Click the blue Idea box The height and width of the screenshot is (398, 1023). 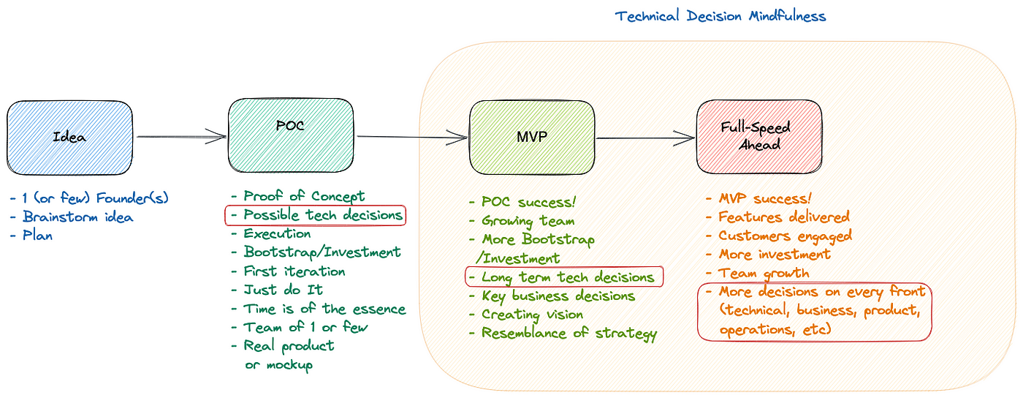70,137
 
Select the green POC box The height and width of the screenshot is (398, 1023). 291,136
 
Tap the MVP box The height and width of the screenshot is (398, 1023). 532,138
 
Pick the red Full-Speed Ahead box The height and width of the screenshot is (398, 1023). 759,137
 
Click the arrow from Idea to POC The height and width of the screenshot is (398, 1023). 180,136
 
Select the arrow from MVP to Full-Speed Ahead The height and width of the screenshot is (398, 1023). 645,137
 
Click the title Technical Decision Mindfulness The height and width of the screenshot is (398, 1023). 720,16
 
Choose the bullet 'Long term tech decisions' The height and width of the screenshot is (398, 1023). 568,277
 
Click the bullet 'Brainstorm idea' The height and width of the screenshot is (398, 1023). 77,217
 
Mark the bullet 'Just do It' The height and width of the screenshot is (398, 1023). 284,290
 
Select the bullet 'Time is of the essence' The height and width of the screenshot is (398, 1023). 324,309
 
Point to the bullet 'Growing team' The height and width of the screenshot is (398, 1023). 528,220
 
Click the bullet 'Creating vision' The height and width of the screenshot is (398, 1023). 532,315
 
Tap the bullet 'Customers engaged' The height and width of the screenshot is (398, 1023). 785,236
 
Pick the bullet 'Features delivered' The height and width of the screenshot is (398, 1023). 783,217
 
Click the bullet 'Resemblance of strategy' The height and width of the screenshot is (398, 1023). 569,334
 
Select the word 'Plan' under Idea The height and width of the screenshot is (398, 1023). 37,236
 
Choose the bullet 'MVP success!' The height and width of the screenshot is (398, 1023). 765,198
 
